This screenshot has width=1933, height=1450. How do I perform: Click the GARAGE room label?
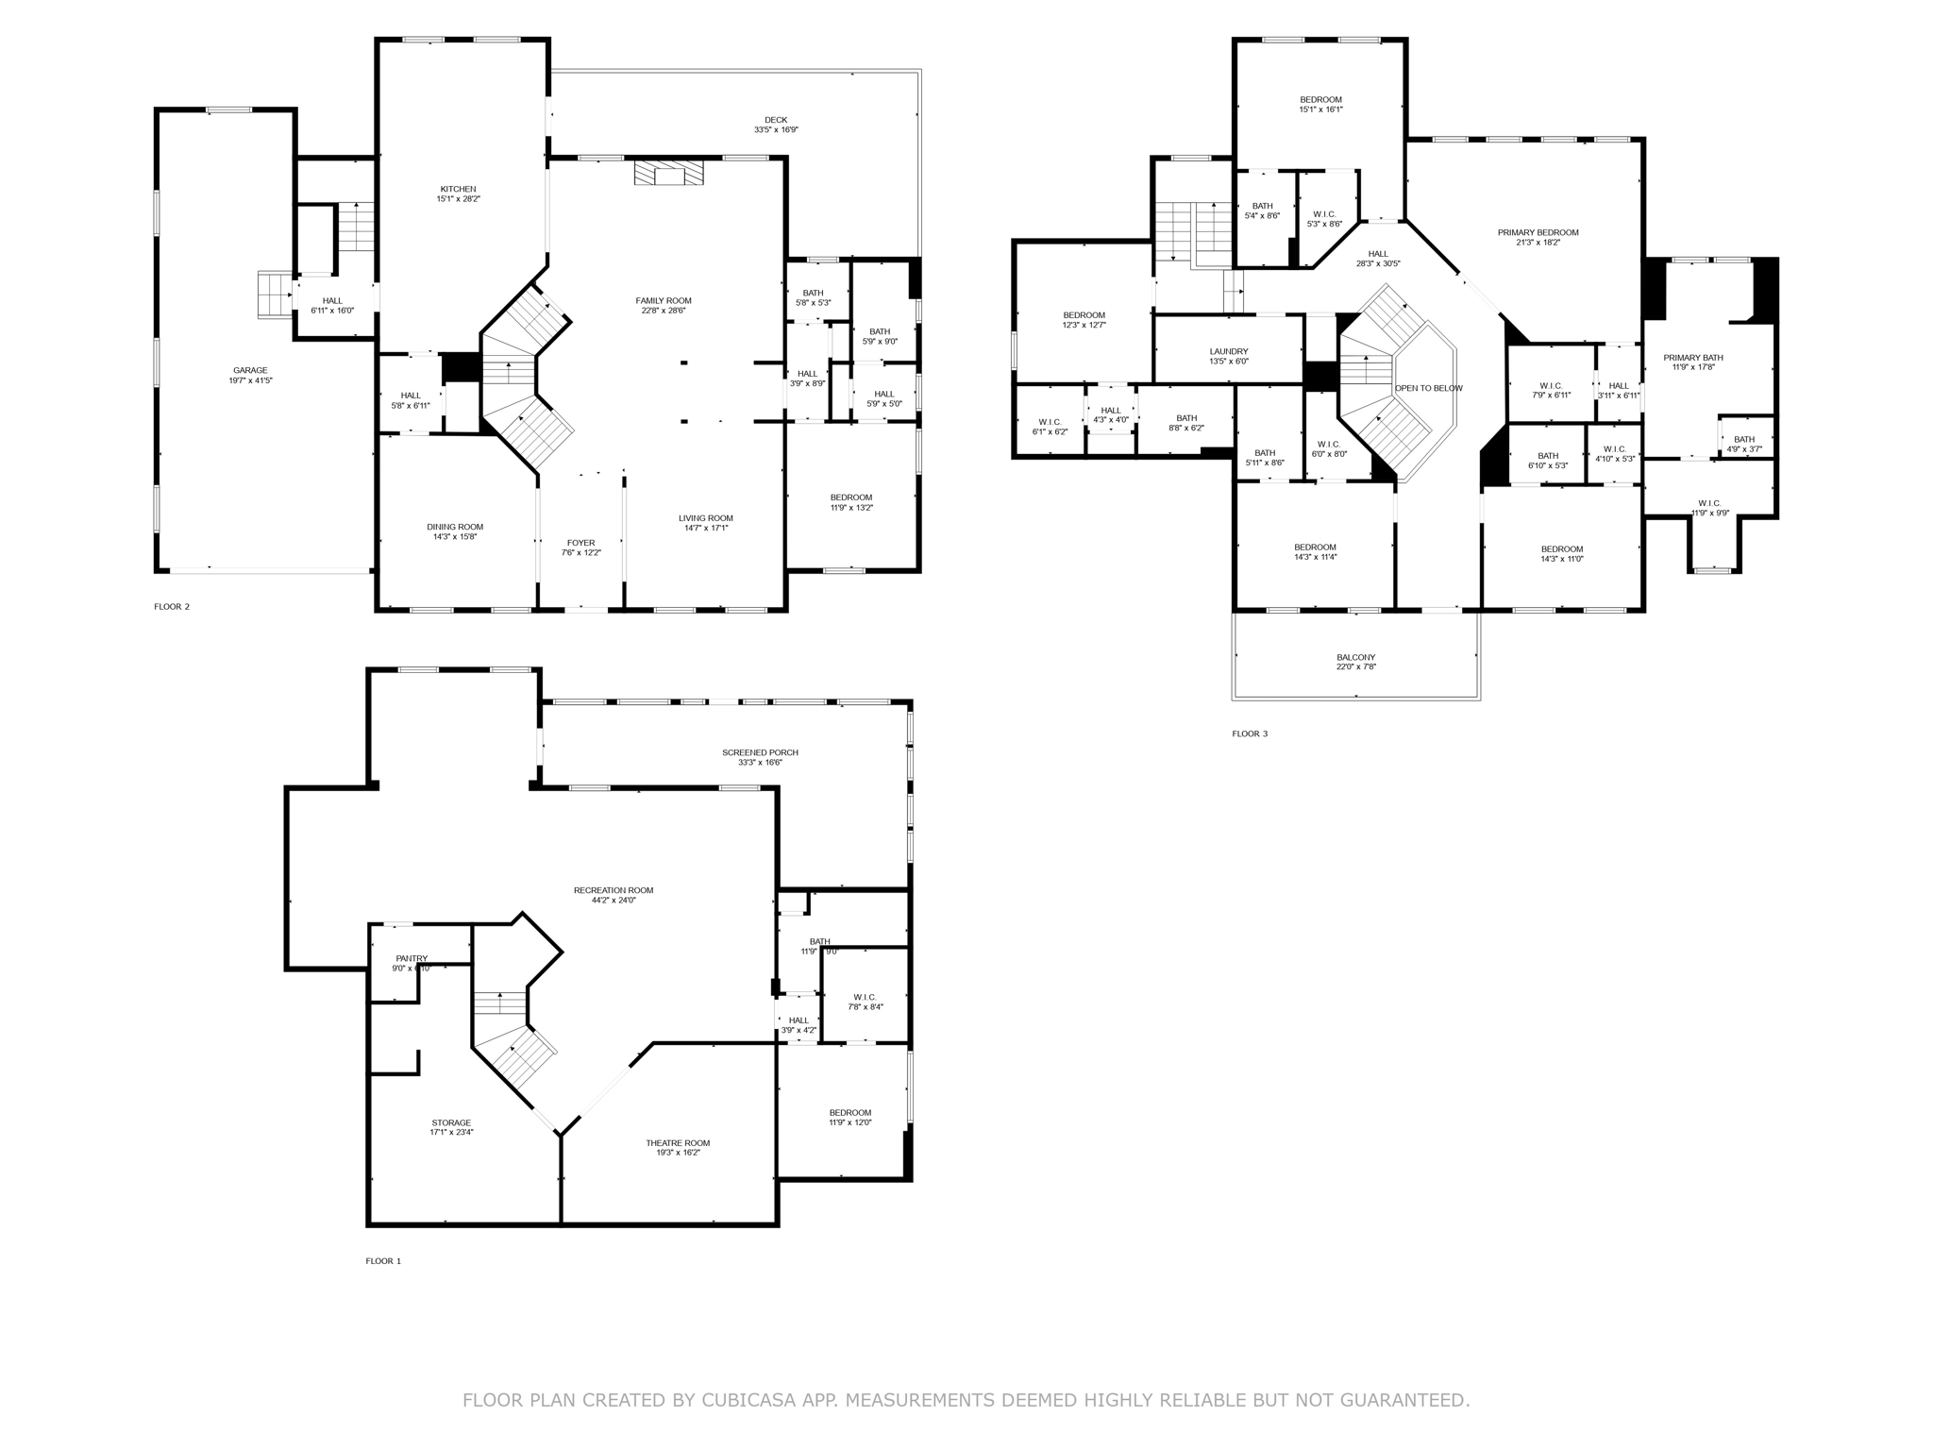(250, 370)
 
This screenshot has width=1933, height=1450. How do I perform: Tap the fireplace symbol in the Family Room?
(668, 174)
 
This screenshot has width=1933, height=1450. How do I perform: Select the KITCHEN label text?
(458, 189)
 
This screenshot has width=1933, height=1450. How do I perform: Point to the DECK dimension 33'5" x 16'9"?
(776, 130)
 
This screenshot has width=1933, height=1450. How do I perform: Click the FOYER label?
(580, 543)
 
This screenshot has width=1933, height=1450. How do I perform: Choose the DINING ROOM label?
(455, 527)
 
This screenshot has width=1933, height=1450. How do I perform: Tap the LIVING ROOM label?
(705, 518)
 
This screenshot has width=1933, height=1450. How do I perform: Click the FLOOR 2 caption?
(172, 607)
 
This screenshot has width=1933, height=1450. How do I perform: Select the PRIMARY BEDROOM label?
(1538, 232)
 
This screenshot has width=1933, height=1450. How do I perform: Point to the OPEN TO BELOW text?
(1428, 388)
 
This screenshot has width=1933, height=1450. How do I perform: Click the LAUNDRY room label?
(1229, 351)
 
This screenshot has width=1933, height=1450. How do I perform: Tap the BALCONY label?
(1355, 657)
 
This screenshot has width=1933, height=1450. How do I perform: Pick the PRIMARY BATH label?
(1692, 358)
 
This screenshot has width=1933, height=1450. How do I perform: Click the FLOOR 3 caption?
(1250, 733)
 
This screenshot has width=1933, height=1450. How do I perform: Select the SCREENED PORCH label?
(760, 752)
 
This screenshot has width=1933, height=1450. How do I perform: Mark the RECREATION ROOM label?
(614, 890)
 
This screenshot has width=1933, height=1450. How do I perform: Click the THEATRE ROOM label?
(678, 1143)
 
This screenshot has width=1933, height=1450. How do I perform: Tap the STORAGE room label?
(451, 1122)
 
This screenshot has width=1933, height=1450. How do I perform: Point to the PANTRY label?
(412, 958)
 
